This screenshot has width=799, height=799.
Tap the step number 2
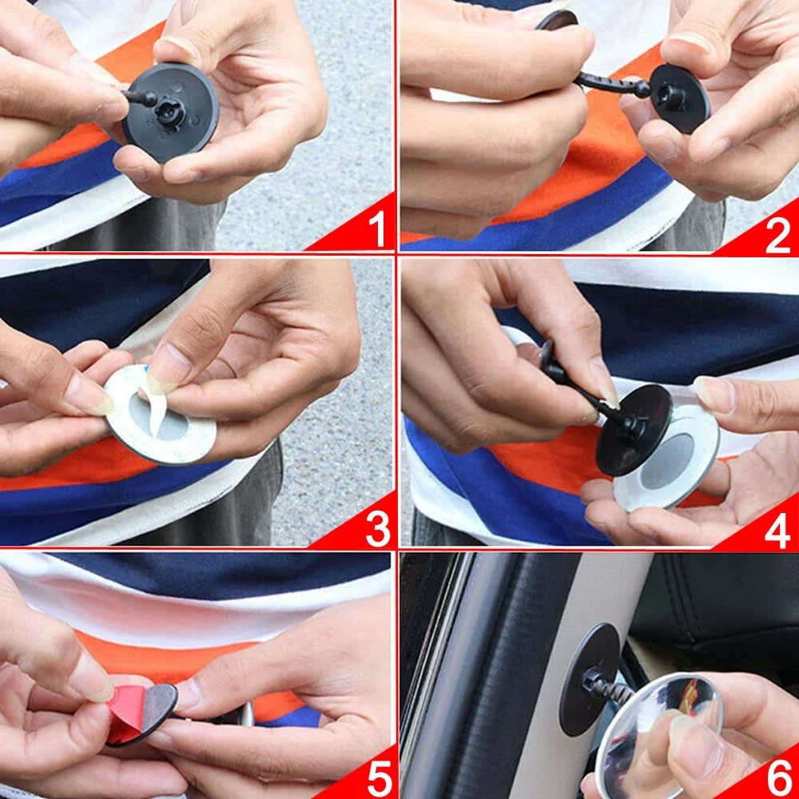pos(777,235)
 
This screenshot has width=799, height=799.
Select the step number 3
pos(376,528)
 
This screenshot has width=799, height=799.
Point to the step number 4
pos(777,530)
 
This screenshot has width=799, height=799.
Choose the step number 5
pos(378,777)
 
